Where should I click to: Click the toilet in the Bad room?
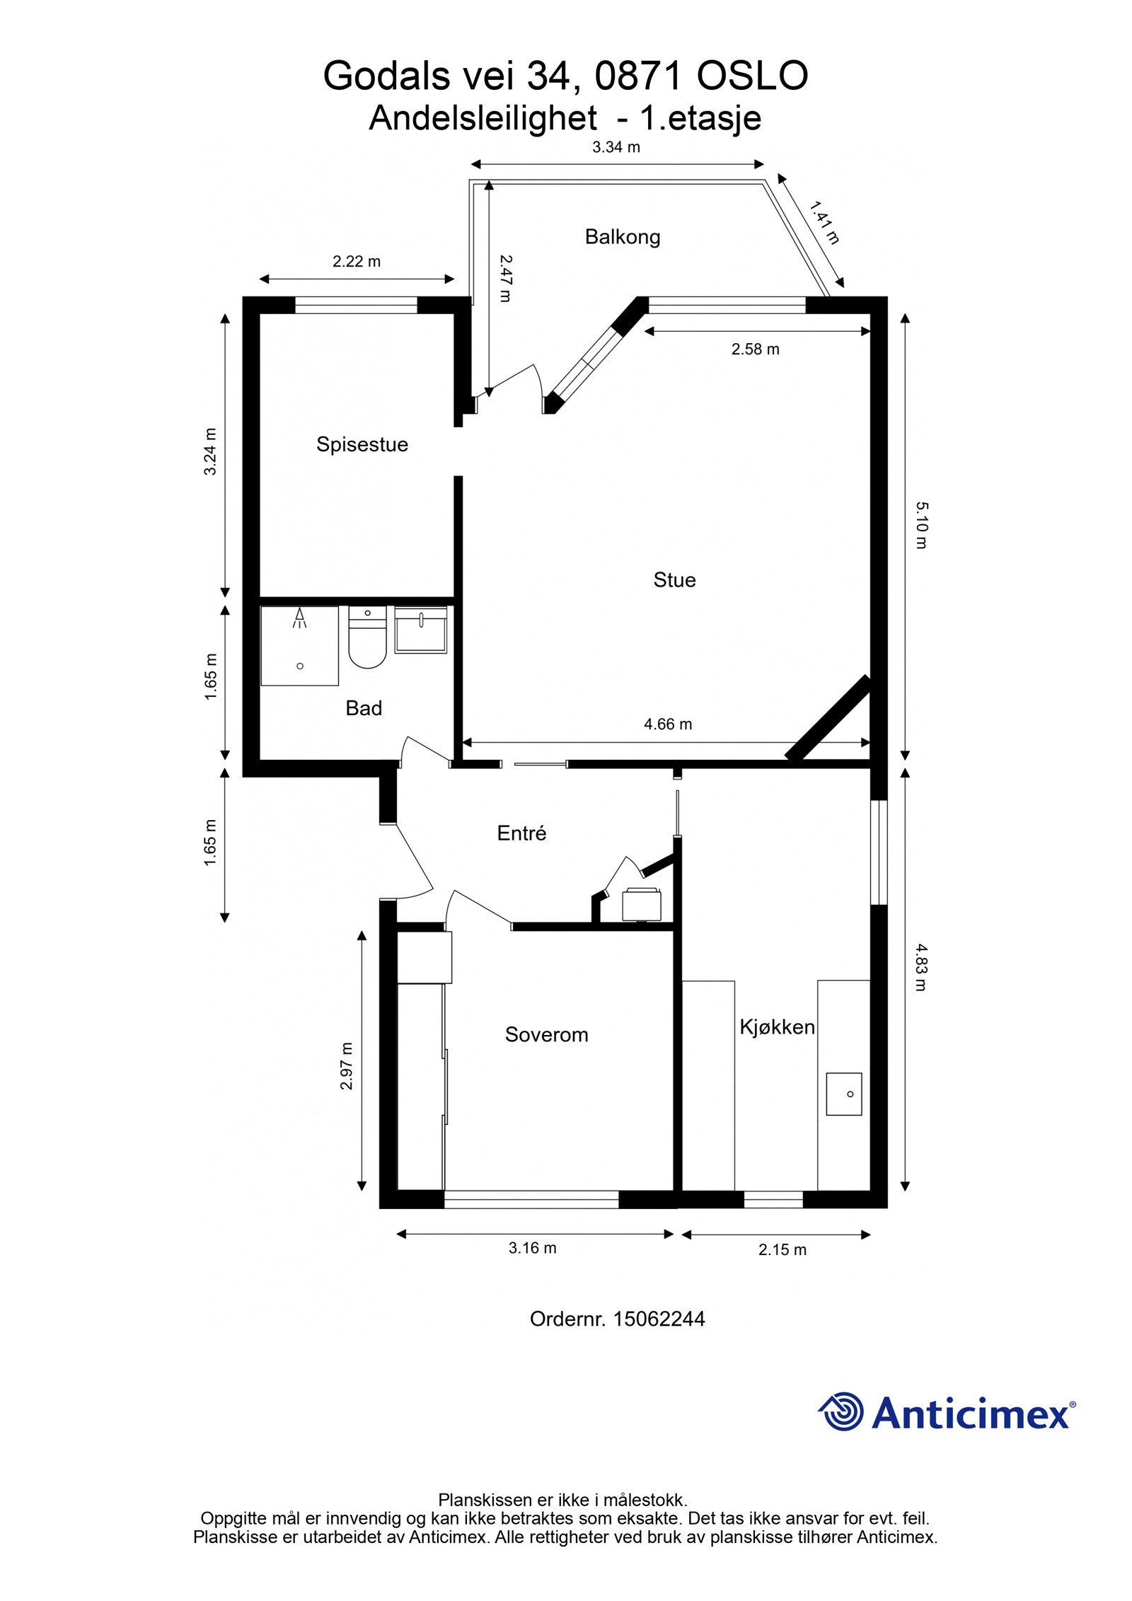(x=367, y=640)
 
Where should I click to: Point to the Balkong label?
(x=622, y=236)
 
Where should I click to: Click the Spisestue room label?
(x=362, y=444)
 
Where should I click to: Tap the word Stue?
(x=674, y=580)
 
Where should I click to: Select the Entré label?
(x=521, y=833)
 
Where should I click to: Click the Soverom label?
(x=546, y=1034)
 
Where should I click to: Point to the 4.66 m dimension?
(x=667, y=724)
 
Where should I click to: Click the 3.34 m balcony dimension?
(x=616, y=147)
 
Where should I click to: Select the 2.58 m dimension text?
(x=755, y=349)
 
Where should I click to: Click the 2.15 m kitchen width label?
(x=782, y=1249)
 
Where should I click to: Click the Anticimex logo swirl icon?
(x=841, y=1411)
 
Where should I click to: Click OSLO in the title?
(x=752, y=76)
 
